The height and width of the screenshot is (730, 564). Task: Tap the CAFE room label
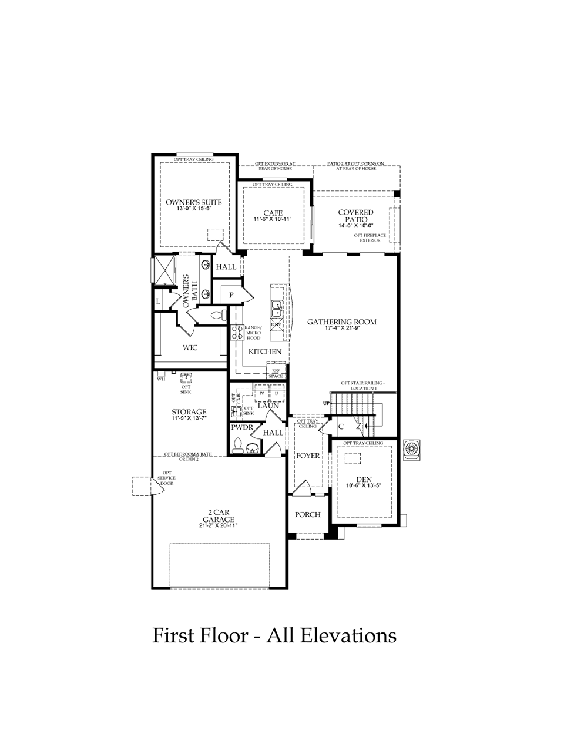coord(273,213)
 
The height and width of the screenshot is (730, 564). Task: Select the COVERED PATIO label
coord(355,216)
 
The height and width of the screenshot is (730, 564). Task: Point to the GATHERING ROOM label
coord(342,322)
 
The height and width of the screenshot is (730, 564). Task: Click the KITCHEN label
coord(265,351)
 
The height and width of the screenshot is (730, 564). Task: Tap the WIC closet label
coord(190,347)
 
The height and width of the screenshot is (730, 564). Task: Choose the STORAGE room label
coord(189,412)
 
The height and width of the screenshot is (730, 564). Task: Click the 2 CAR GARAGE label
coord(217,515)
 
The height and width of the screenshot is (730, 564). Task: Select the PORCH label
coord(308,514)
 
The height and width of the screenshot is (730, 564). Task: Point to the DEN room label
coord(364,480)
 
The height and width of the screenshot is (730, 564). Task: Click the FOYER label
coord(308,456)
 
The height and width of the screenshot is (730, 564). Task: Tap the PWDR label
coord(241,428)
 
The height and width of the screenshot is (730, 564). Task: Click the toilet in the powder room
coord(238,445)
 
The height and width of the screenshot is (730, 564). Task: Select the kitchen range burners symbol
coord(239,333)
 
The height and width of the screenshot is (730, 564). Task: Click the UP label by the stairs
coord(325,403)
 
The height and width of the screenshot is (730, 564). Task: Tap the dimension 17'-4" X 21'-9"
coord(342,329)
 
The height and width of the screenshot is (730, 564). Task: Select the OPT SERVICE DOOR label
coord(167,478)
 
